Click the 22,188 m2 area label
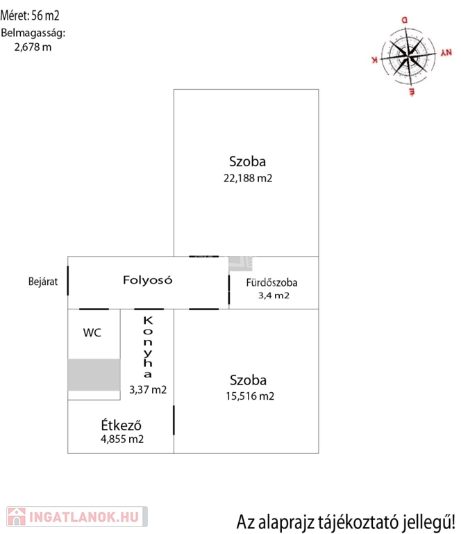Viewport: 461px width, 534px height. (x=248, y=178)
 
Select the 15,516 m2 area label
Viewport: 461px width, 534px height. (x=250, y=396)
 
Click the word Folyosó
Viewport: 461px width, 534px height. (x=147, y=280)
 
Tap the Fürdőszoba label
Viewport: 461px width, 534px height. (x=271, y=282)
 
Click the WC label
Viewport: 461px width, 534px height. (x=92, y=332)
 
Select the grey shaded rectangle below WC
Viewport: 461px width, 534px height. (x=94, y=375)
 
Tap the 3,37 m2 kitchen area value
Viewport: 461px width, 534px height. (x=148, y=390)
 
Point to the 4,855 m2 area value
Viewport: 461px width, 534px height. (x=122, y=439)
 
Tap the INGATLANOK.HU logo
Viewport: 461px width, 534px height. (x=76, y=516)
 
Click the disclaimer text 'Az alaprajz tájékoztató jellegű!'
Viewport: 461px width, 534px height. (x=346, y=521)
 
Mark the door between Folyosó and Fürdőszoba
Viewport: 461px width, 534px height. (x=229, y=290)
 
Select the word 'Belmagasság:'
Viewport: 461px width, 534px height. (x=33, y=33)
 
